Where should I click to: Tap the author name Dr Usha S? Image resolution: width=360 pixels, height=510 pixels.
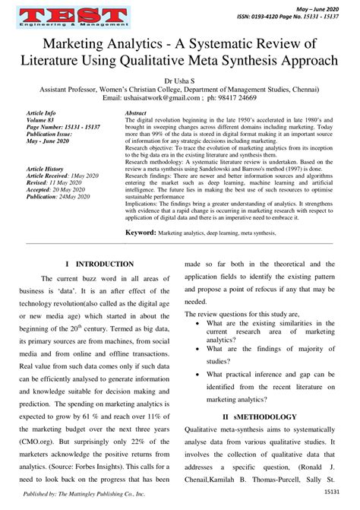[179, 78]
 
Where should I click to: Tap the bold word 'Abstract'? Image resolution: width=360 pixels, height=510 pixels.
[134, 112]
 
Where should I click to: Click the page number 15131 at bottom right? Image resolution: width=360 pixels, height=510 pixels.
[330, 492]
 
